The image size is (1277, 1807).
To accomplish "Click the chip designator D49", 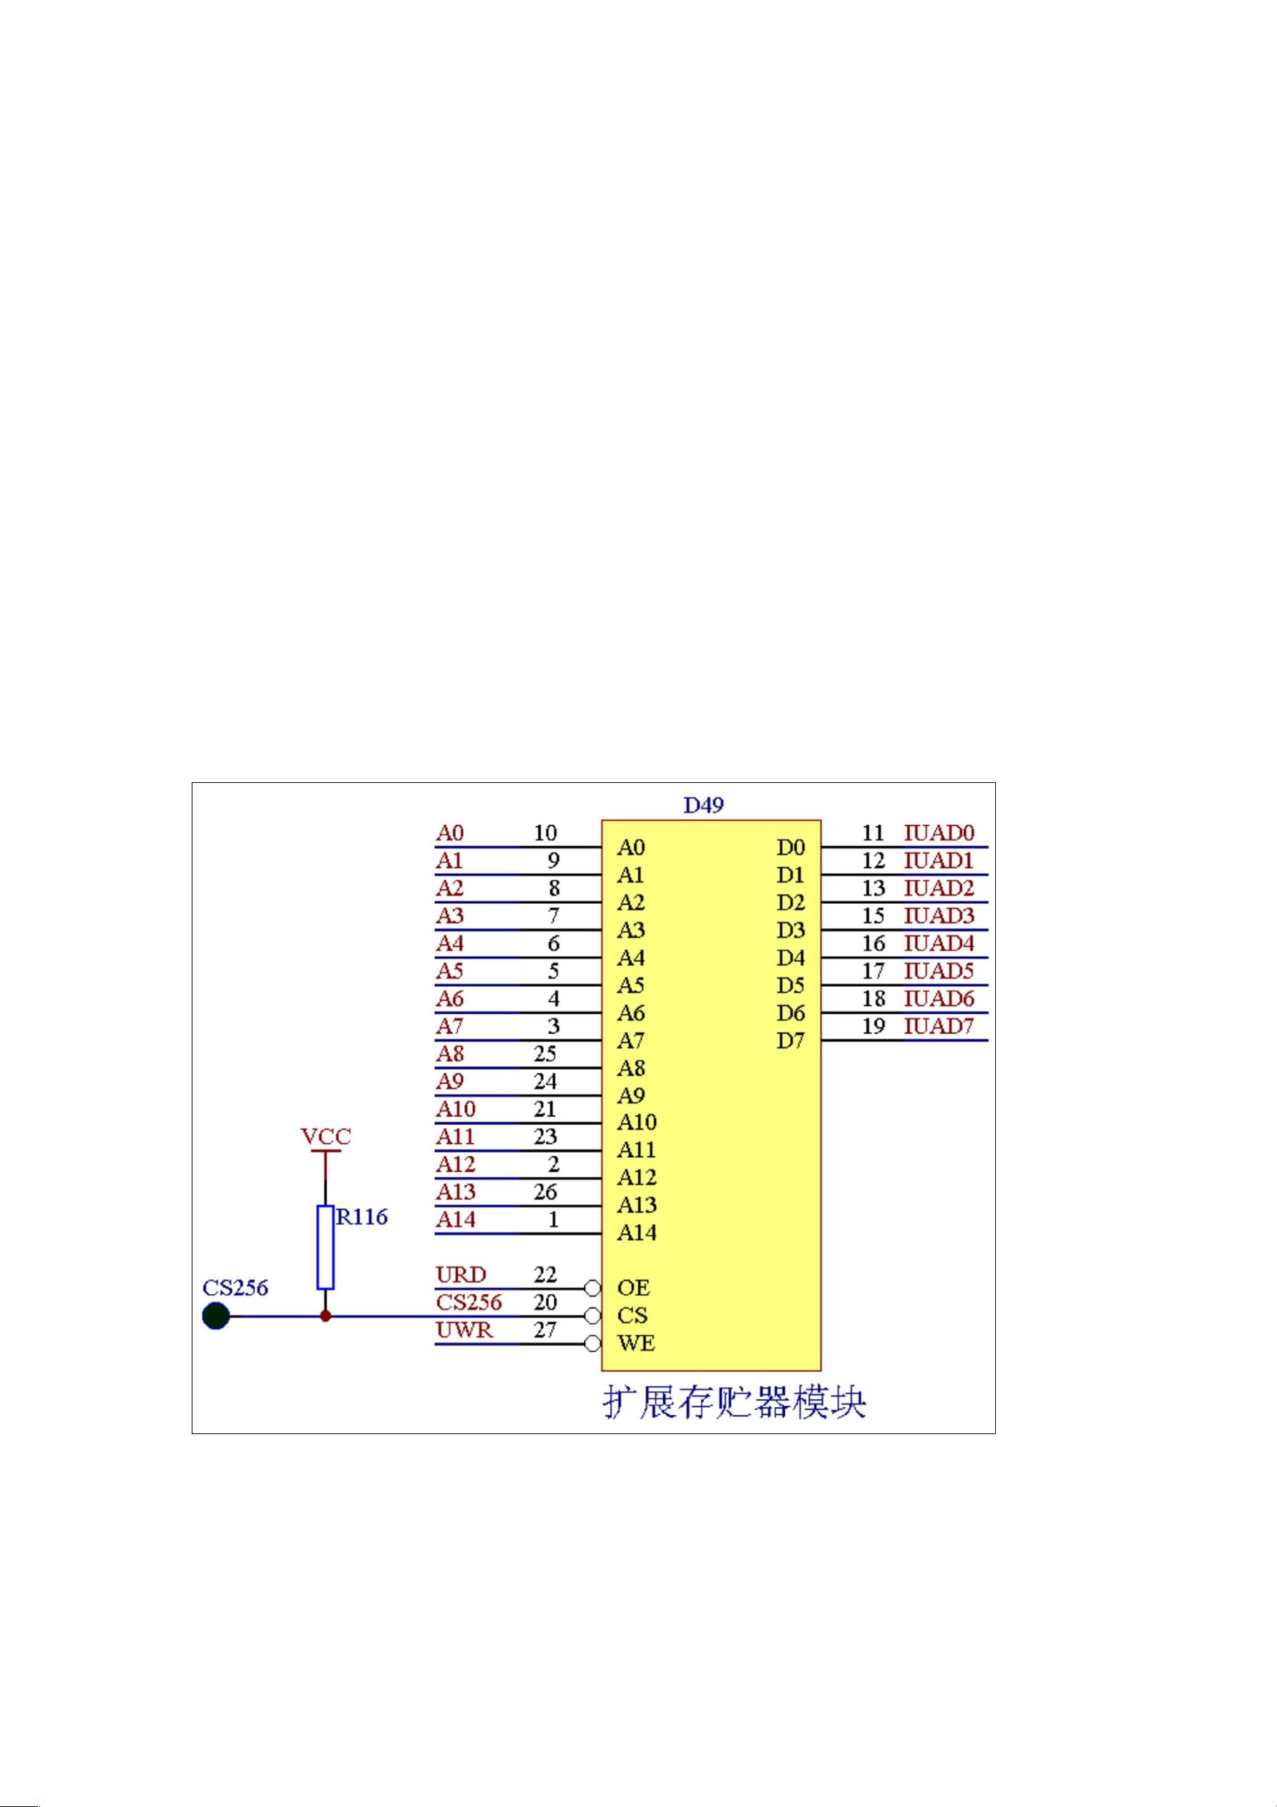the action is tap(703, 805).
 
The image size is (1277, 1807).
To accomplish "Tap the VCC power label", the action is tap(326, 1136).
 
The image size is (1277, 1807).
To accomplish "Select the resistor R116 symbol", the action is tap(326, 1247).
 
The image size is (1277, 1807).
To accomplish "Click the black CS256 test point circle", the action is tap(215, 1316).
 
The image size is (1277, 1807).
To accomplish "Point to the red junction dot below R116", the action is tap(326, 1316).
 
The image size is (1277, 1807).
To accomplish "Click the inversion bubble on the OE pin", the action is tap(593, 1288).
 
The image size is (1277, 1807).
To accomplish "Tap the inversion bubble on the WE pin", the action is tap(593, 1343).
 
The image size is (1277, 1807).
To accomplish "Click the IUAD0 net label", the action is tap(939, 833).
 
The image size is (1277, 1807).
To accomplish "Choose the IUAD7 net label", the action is tap(939, 1026).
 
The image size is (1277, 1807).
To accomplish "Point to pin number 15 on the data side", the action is tap(874, 915).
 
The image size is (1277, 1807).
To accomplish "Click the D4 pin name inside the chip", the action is tap(791, 958).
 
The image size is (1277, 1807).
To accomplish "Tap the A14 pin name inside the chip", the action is tap(637, 1232).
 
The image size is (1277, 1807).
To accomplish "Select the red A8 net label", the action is tap(450, 1054).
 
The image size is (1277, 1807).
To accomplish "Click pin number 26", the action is tap(545, 1192).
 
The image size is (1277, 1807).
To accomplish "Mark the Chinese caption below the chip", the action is tap(734, 1402).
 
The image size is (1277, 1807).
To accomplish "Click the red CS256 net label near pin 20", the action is tap(469, 1302).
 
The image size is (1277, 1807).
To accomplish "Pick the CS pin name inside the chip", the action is tap(632, 1315).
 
